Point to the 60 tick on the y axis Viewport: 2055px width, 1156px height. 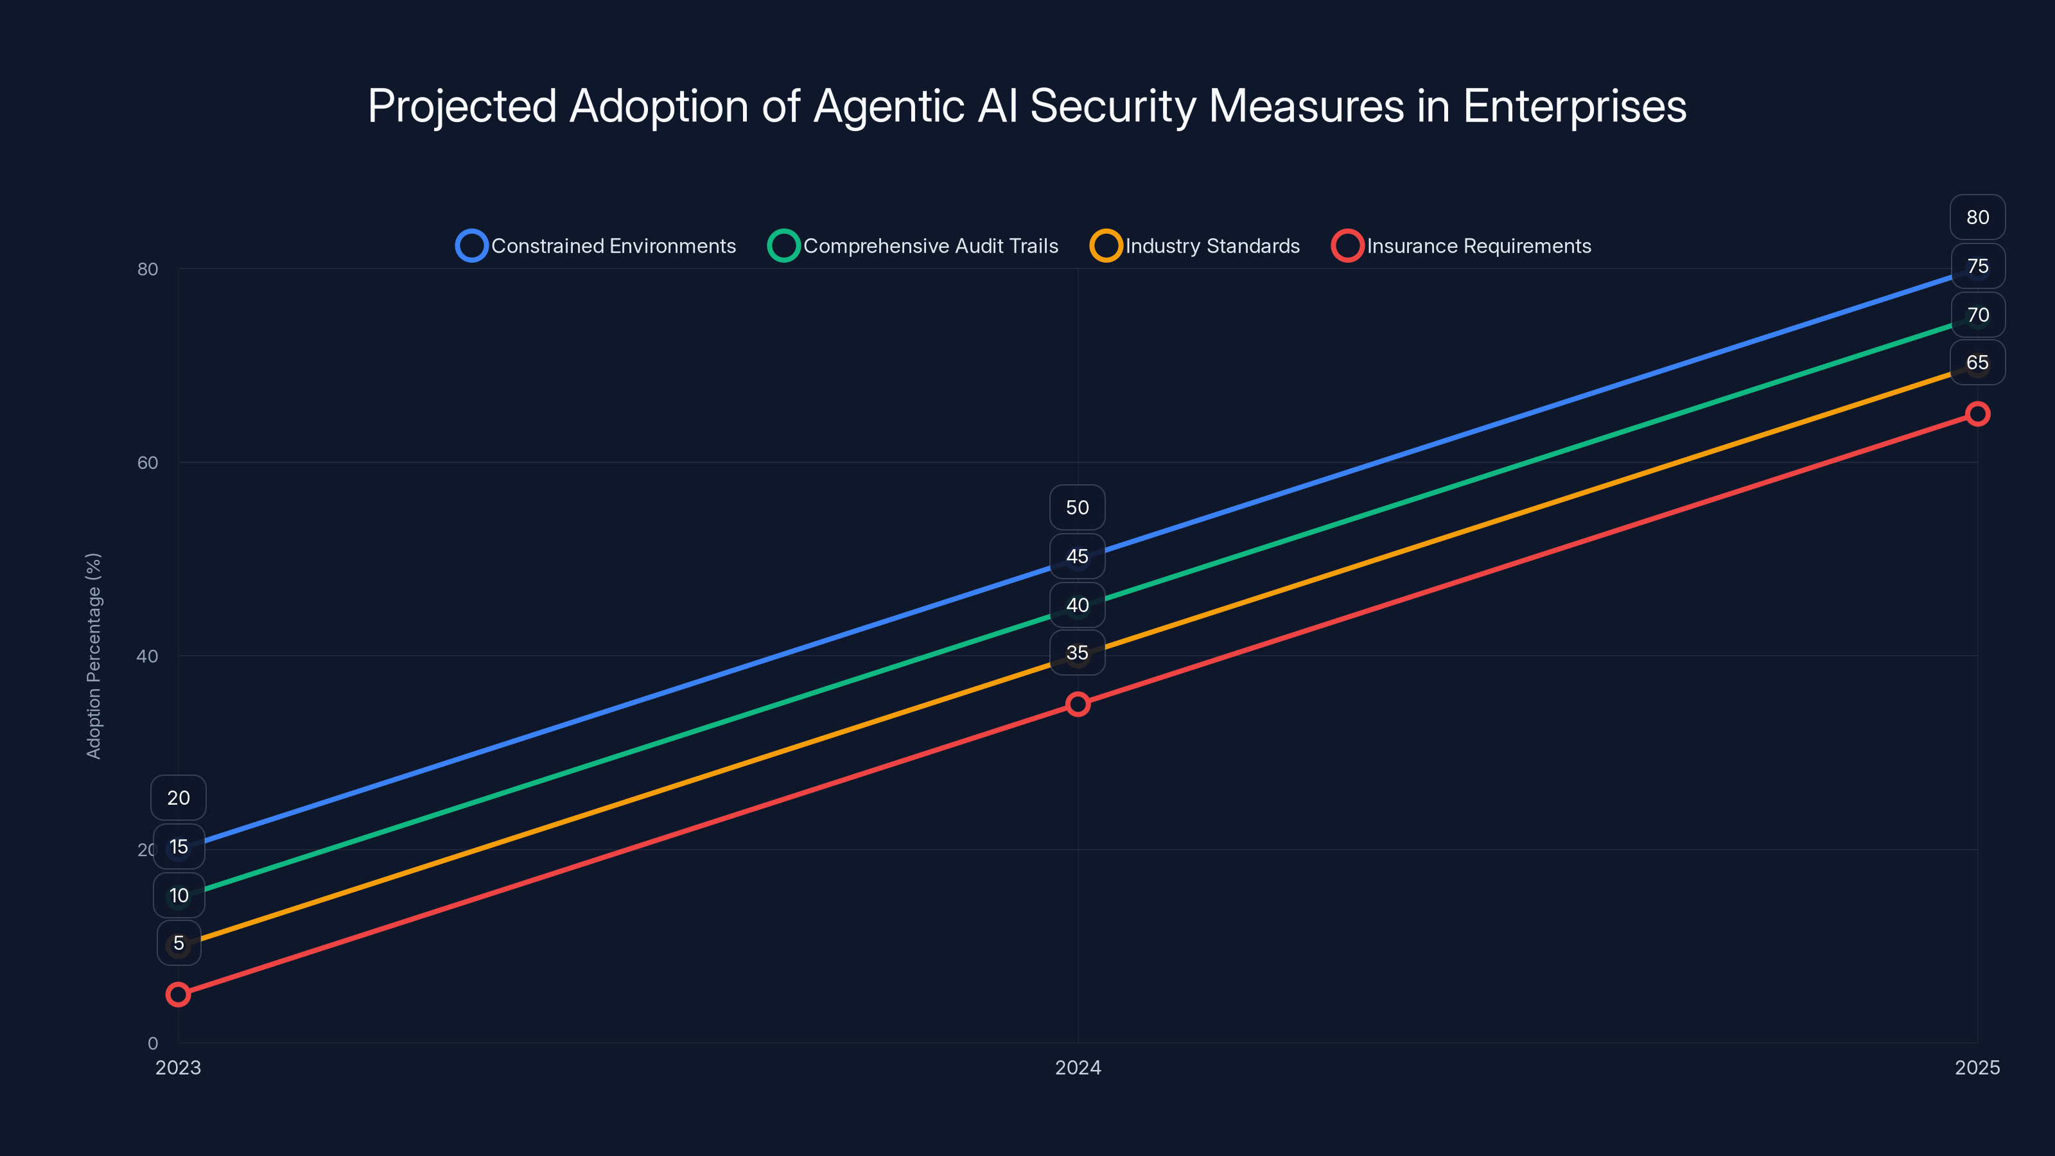148,462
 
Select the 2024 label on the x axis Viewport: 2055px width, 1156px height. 1078,1067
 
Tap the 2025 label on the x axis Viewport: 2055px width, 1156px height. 1977,1067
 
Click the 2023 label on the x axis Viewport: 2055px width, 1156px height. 178,1067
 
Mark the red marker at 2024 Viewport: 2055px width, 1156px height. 1078,705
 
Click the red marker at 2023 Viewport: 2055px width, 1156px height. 178,995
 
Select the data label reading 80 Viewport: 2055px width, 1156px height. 1977,217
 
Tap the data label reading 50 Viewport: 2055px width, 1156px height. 1077,507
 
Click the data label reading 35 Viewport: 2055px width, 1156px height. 1077,652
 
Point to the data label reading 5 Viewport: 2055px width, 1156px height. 179,943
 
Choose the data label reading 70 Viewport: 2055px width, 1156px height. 1977,315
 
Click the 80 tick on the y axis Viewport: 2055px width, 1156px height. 148,269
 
